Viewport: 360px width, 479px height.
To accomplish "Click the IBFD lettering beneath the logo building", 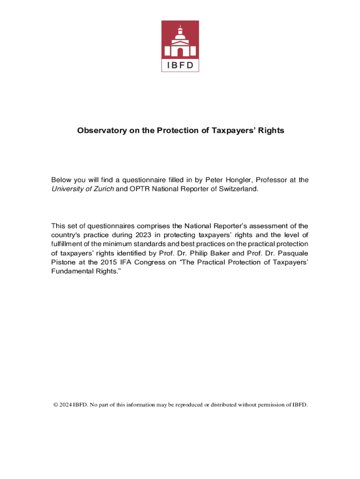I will pyautogui.click(x=180, y=65).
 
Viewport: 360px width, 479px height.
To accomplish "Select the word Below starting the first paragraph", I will pyautogui.click(x=62, y=180).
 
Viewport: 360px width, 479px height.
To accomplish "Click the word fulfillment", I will pyautogui.click(x=70, y=244).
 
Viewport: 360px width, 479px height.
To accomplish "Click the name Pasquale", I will pyautogui.click(x=294, y=253).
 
